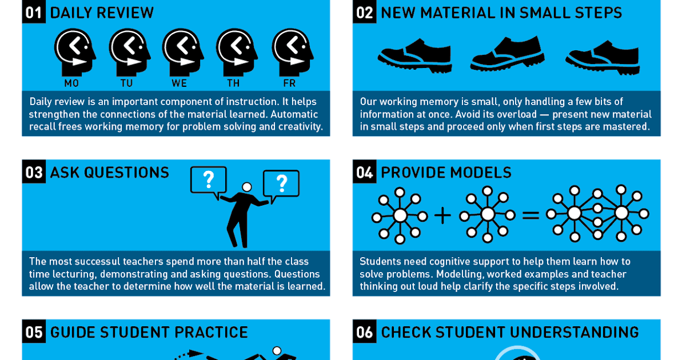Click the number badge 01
(34, 12)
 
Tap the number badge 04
(364, 172)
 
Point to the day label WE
(180, 83)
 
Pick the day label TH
(233, 83)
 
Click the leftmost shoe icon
(414, 55)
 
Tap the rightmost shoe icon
(603, 58)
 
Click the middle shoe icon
(507, 54)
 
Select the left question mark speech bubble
(208, 181)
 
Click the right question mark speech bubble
(281, 185)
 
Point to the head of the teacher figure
(246, 187)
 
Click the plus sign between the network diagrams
(442, 215)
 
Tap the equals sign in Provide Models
(531, 215)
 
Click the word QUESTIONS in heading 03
(126, 173)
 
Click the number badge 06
(364, 332)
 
